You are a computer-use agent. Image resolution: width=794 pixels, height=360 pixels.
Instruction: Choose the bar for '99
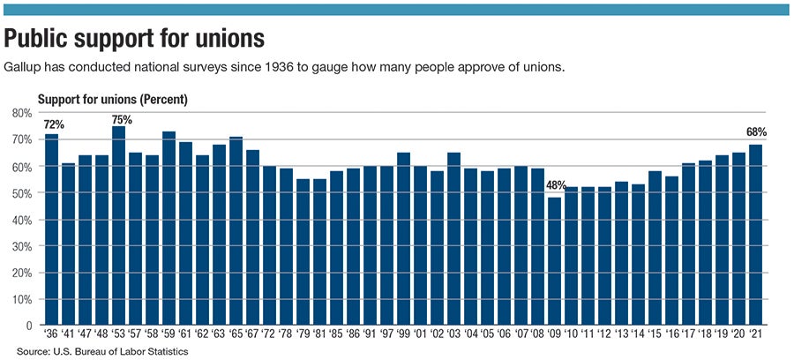(403, 239)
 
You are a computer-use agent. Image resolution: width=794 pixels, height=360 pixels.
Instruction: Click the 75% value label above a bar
(122, 119)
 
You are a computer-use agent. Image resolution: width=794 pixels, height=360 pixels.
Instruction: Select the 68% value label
(755, 132)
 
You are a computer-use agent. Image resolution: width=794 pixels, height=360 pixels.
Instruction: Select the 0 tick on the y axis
(28, 326)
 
